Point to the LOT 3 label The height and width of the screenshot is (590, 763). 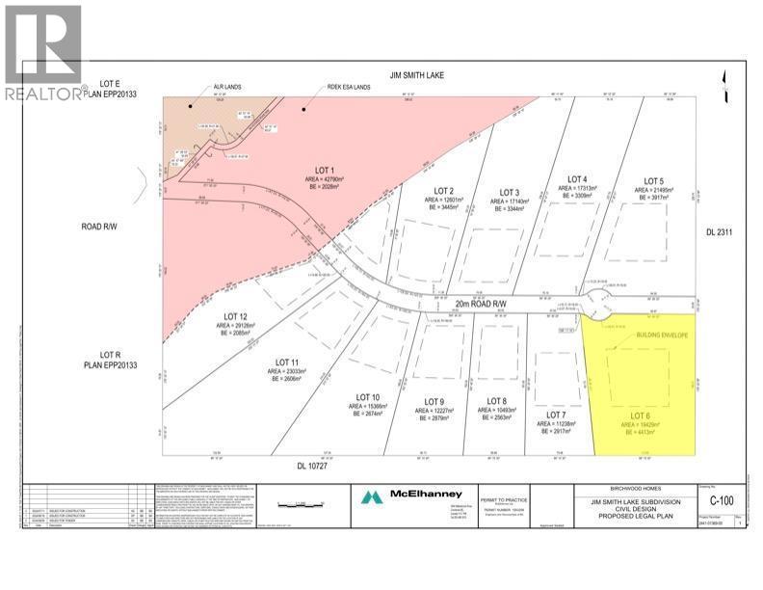(510, 192)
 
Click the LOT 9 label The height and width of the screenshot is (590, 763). (435, 401)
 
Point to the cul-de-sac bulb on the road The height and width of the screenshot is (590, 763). (597, 299)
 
